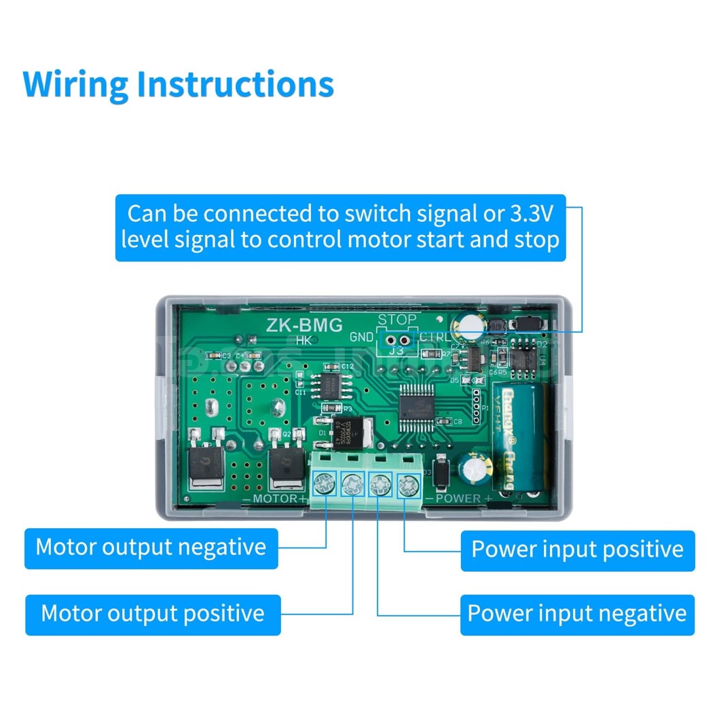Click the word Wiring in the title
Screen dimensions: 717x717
click(75, 85)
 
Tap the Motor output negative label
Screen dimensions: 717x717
click(151, 547)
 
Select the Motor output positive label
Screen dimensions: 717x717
click(153, 613)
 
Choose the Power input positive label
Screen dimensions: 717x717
click(577, 549)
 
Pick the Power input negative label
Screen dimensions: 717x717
click(577, 614)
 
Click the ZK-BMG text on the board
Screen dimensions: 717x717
click(304, 325)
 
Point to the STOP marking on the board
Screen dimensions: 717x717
click(397, 320)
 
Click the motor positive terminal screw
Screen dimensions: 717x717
click(353, 485)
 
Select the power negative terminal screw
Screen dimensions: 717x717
click(379, 485)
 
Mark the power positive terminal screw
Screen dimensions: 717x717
click(406, 485)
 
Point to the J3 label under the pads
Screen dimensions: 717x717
click(397, 351)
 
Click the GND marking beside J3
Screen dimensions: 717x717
click(361, 337)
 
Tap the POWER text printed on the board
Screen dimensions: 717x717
click(458, 499)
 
